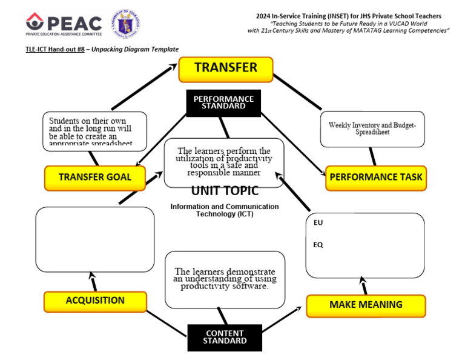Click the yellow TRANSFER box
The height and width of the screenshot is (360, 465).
point(225,68)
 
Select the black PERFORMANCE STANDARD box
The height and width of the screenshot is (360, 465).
point(223,102)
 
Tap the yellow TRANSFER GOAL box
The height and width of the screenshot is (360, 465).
point(96,178)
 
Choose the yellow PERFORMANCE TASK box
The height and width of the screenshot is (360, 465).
point(375,178)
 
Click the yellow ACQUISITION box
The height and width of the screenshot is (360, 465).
point(95,301)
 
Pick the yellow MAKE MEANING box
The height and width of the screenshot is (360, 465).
point(366,305)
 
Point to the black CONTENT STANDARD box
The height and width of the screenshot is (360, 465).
point(225,337)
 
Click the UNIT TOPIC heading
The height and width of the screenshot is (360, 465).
point(225,191)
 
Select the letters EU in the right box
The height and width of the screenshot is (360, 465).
point(318,223)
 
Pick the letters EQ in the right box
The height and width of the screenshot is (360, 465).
point(318,245)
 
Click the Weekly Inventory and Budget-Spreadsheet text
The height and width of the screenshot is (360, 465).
point(372,128)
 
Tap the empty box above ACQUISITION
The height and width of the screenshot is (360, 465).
point(94,239)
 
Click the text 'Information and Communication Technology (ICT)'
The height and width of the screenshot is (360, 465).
point(225,210)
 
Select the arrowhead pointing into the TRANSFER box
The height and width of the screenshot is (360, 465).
point(173,68)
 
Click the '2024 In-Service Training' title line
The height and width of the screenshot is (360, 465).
point(348,15)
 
